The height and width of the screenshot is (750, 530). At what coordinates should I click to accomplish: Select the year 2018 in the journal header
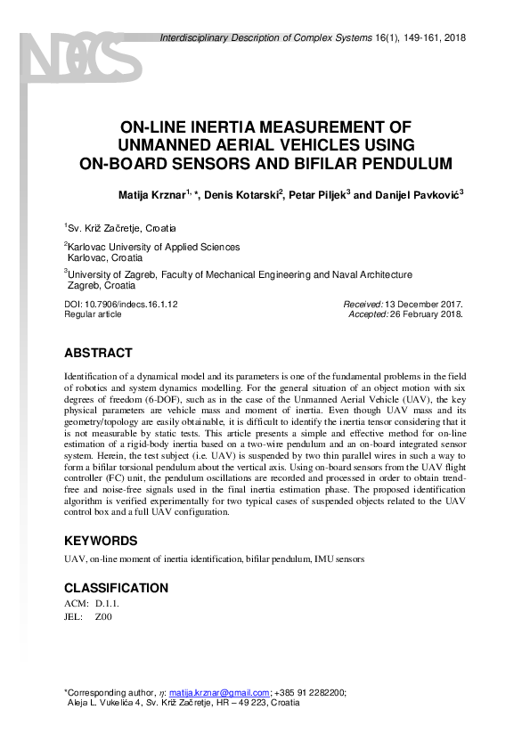click(x=453, y=38)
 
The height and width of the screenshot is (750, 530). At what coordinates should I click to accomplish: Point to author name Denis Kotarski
click(x=241, y=195)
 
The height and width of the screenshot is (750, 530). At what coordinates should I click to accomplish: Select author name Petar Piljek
click(x=318, y=195)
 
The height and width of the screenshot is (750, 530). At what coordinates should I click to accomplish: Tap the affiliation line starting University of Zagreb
click(x=241, y=275)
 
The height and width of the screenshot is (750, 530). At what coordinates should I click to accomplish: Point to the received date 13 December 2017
click(x=424, y=304)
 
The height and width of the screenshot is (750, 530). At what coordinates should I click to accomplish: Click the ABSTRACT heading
click(x=98, y=353)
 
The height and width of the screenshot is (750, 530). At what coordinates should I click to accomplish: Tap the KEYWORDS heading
click(x=101, y=541)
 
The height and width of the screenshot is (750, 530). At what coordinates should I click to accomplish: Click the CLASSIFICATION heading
click(x=116, y=588)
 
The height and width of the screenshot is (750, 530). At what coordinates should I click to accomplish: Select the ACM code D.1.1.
click(x=106, y=604)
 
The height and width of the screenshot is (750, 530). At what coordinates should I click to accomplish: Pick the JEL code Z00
click(x=103, y=615)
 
